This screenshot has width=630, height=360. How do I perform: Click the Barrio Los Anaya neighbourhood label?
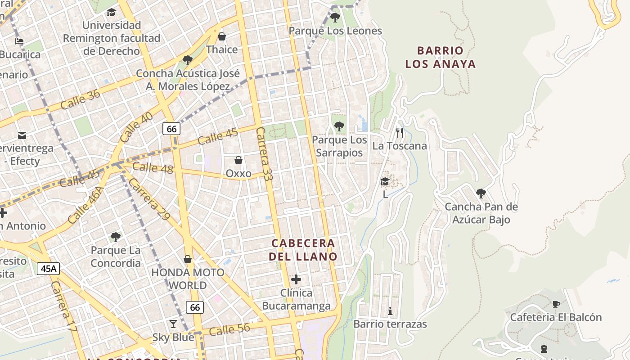coord(440,57)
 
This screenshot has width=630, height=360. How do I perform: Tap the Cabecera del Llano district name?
coord(303,250)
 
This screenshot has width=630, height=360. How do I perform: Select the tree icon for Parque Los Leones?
coord(335,18)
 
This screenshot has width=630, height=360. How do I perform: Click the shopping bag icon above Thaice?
coord(221,36)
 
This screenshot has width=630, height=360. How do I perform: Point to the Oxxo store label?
coord(238,173)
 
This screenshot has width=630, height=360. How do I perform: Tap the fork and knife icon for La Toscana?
coord(399,132)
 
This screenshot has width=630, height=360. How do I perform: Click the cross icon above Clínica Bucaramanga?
coord(296,279)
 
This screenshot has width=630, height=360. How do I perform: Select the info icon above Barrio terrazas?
coord(390,311)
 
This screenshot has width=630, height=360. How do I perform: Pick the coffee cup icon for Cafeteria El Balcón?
coord(556,304)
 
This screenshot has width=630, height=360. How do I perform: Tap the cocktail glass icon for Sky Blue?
coord(173,324)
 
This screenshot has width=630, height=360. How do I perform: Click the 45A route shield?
coord(48,269)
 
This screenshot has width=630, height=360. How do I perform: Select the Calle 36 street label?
coord(80,100)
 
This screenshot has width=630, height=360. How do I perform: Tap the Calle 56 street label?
coord(229,330)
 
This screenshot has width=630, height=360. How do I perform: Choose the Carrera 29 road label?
coord(149,199)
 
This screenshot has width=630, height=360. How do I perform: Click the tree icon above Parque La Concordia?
coord(116,237)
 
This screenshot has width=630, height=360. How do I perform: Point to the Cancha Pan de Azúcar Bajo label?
coord(481,213)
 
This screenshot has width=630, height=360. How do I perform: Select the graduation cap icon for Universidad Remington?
coord(112,12)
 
